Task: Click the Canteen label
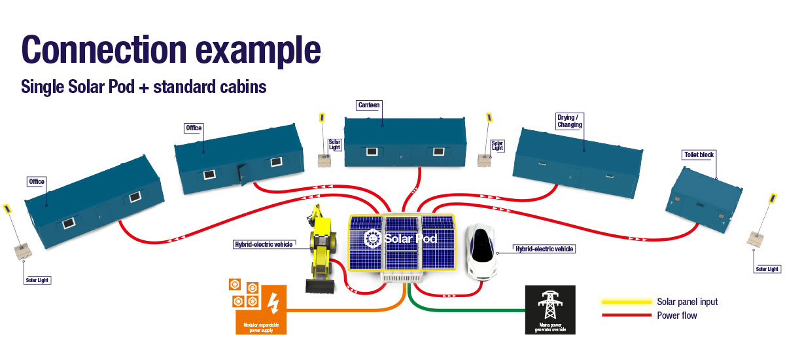(x=369, y=105)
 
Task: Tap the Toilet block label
(x=699, y=154)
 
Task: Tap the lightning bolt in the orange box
(x=273, y=303)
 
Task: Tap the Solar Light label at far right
(x=767, y=268)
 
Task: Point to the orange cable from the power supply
(x=347, y=310)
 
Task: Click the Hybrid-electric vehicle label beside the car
(x=544, y=249)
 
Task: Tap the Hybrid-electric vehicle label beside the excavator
(x=263, y=244)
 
